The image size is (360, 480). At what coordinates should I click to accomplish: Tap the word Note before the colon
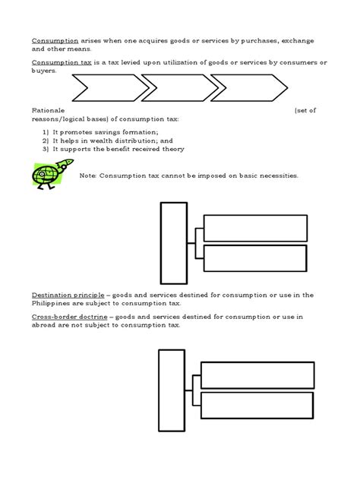(x=87, y=175)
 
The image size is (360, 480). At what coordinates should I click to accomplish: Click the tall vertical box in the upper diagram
(x=173, y=239)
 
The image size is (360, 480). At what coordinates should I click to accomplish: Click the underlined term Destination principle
(x=64, y=295)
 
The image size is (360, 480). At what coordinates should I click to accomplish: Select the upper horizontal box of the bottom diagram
(x=257, y=374)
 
